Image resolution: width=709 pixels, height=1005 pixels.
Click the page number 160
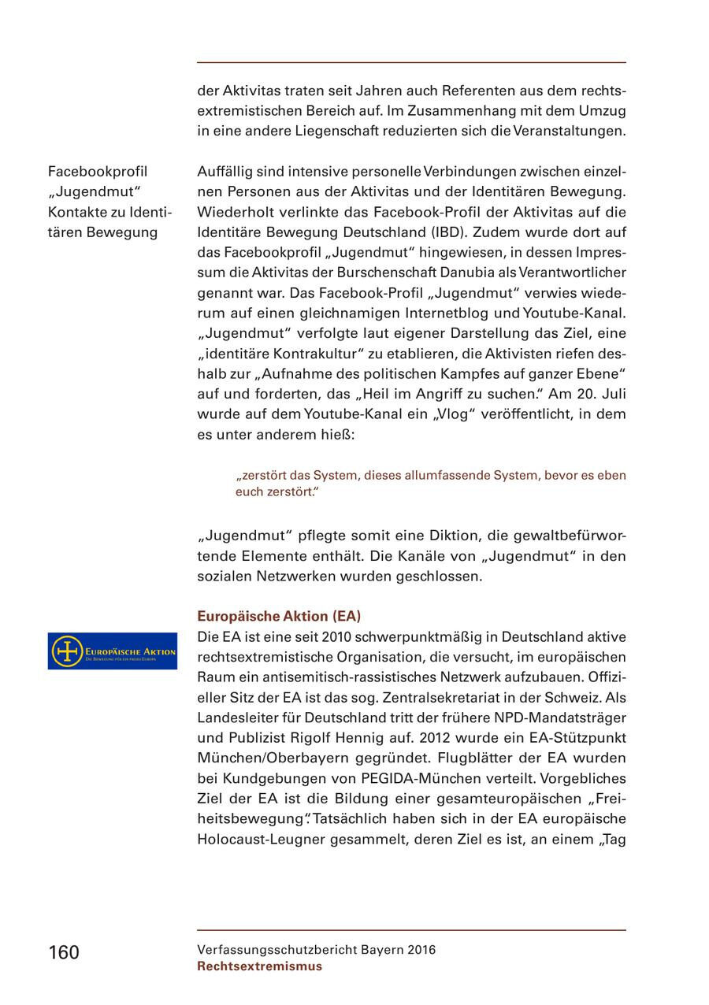click(x=64, y=952)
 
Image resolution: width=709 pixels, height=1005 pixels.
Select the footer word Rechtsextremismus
click(x=259, y=966)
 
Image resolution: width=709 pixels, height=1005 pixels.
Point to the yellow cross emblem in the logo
click(x=67, y=651)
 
